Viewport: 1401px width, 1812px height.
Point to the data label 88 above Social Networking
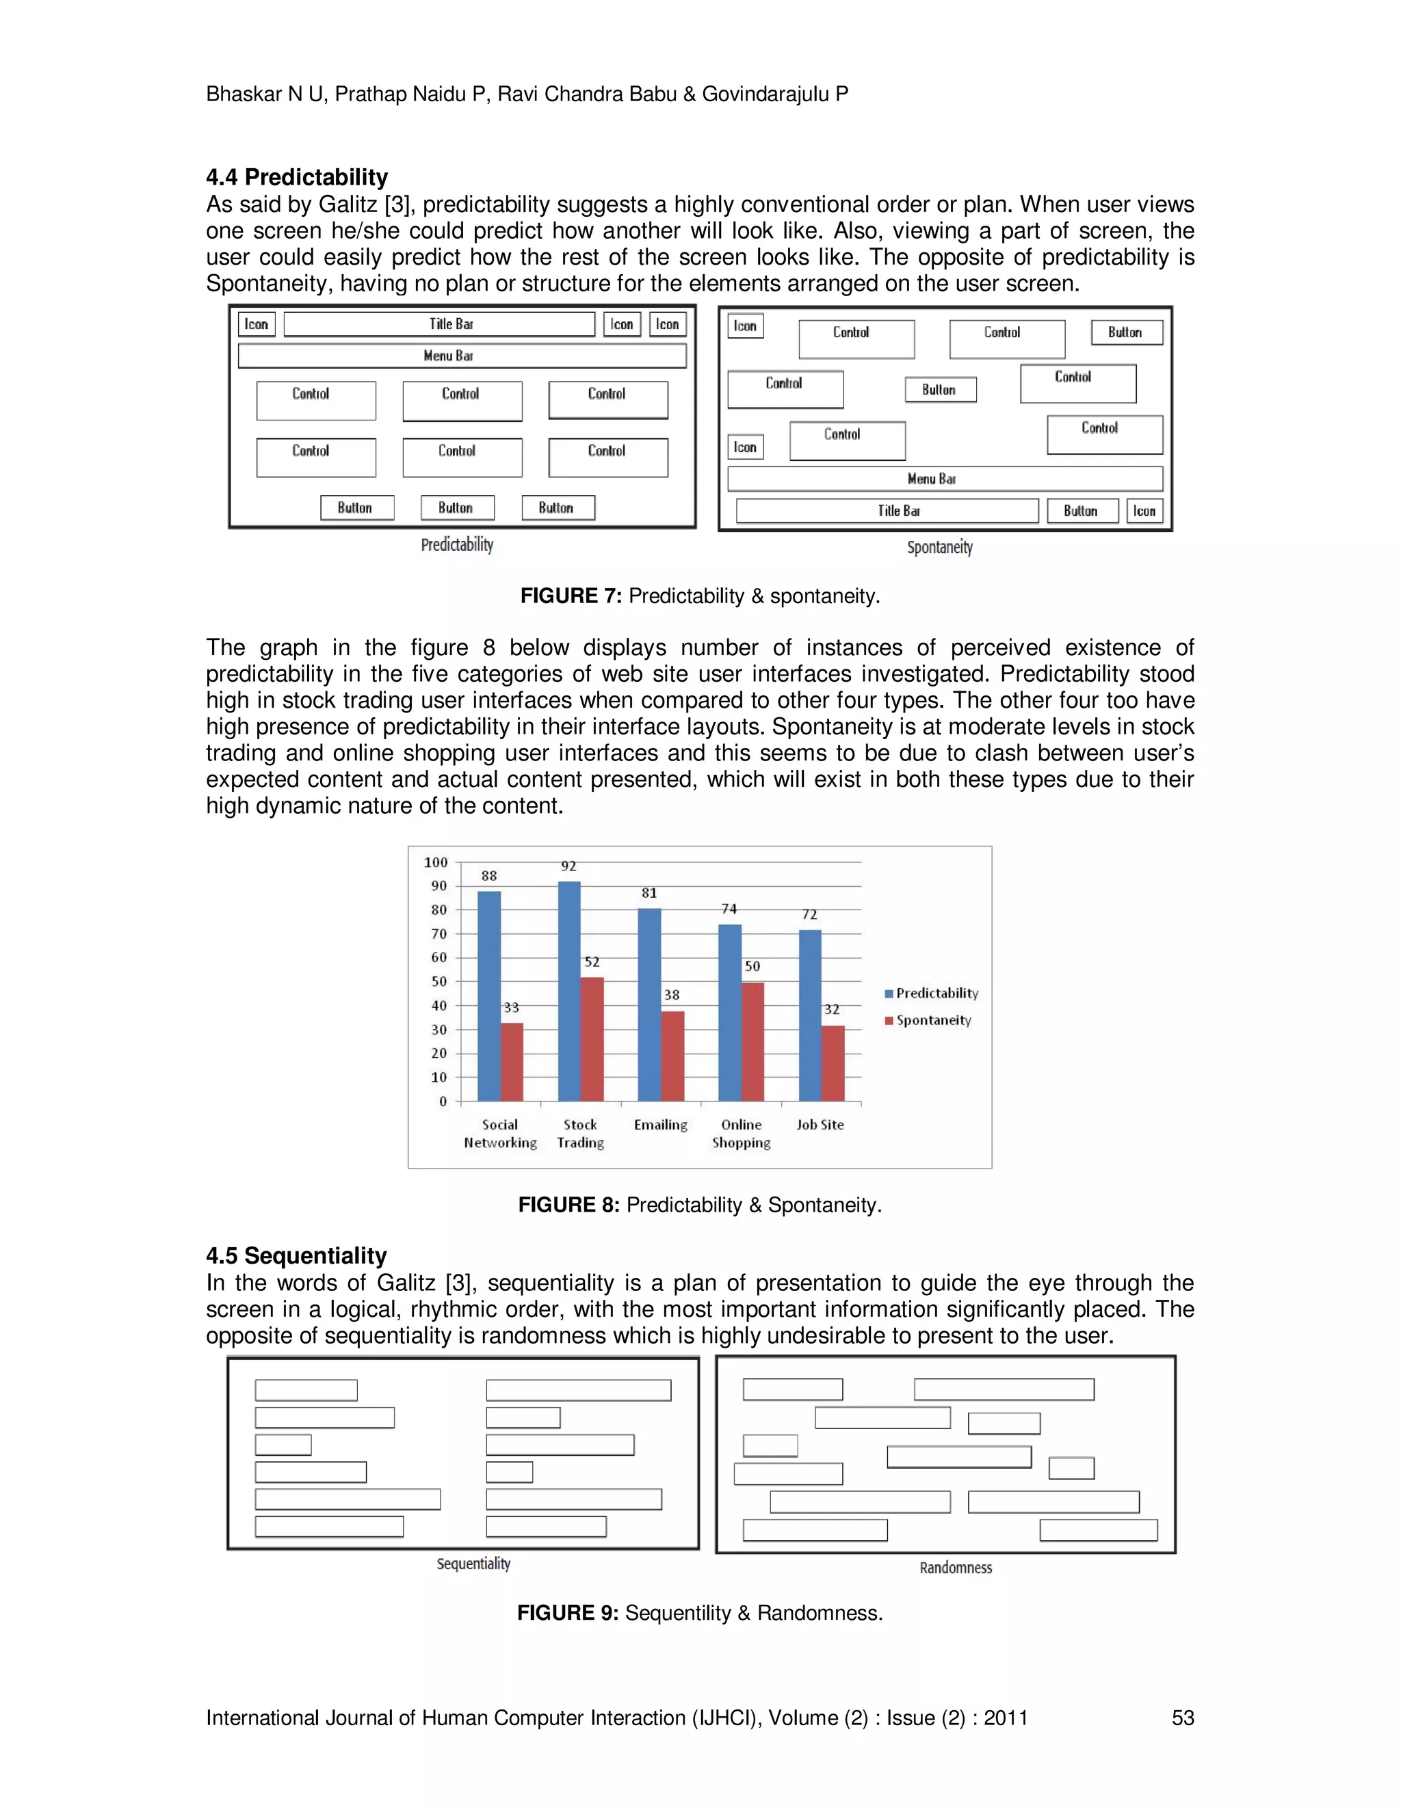(489, 875)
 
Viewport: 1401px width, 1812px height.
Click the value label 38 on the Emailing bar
(672, 995)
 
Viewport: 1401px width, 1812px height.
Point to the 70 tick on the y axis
(438, 933)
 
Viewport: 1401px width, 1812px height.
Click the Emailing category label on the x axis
(661, 1125)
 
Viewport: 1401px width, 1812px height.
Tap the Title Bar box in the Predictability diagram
(439, 324)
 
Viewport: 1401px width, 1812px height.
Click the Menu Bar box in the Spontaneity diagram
(945, 479)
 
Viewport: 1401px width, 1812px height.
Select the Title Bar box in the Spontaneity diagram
(887, 511)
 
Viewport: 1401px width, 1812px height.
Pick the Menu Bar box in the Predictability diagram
(462, 356)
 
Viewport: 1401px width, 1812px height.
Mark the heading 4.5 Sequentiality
(296, 1255)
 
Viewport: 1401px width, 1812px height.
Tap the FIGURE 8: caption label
(568, 1205)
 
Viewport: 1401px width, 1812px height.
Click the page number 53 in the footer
(1182, 1718)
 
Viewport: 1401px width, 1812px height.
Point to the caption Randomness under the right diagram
(955, 1567)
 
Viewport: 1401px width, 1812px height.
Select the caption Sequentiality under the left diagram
(473, 1563)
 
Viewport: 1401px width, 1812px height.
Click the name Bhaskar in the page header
(243, 94)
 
